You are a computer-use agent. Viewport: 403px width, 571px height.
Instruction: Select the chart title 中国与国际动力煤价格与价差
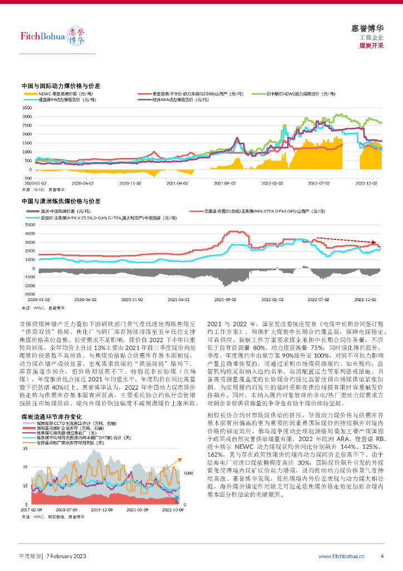click(61, 87)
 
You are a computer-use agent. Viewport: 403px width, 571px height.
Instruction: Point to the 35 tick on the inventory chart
click(25, 448)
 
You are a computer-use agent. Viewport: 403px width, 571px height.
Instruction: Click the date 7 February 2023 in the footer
click(66, 556)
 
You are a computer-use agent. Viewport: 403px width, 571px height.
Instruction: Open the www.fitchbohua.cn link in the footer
click(341, 556)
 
